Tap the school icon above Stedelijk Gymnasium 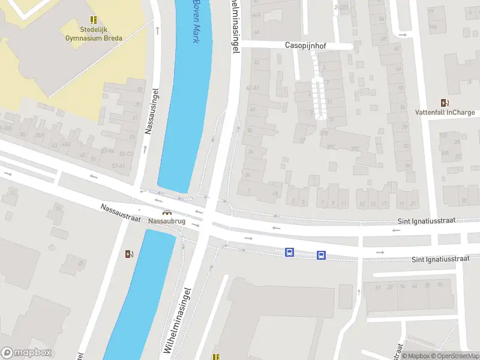(93, 20)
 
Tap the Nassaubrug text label (167, 221)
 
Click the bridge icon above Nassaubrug (167, 212)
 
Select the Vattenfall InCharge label (445, 112)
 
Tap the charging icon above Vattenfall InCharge (445, 103)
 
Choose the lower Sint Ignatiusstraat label (439, 259)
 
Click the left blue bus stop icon (289, 253)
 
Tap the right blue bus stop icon (321, 256)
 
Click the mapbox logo (26, 353)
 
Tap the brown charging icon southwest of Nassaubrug (128, 254)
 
